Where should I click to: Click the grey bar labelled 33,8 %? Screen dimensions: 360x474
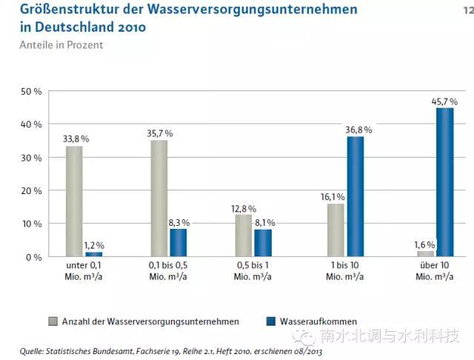point(74,201)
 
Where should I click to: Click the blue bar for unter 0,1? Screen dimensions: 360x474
point(93,255)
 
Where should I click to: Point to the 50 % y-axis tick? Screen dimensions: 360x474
point(34,92)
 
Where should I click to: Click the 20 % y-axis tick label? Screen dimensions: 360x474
point(34,191)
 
